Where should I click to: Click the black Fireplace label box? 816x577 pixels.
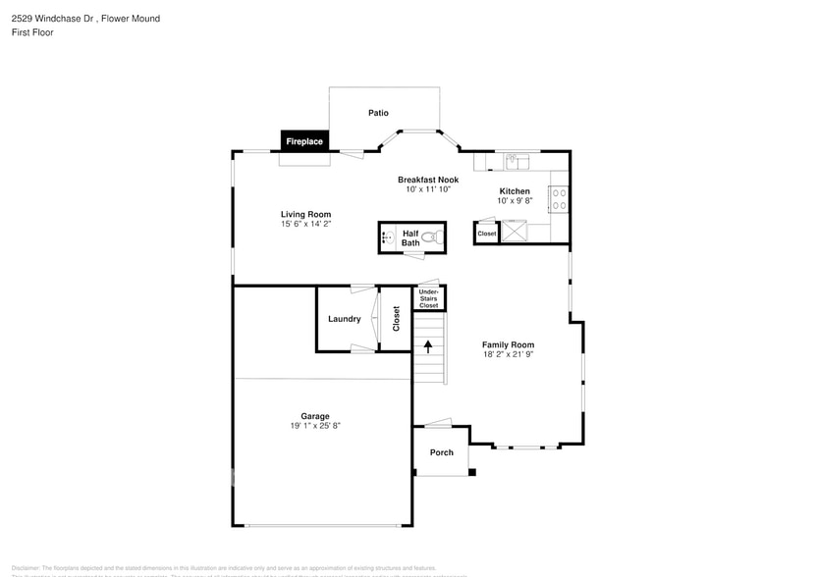(303, 141)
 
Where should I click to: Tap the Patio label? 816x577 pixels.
(378, 113)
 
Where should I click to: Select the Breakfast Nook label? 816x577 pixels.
(428, 180)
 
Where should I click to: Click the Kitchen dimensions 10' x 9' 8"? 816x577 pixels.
(515, 201)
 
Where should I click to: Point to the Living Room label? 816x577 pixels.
(305, 214)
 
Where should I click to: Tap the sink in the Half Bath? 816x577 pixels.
(387, 237)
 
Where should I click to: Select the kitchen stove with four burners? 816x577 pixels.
(559, 199)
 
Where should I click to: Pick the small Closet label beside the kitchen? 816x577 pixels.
(487, 234)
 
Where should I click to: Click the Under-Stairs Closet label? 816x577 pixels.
(429, 298)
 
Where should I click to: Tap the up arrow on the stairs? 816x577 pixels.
(428, 346)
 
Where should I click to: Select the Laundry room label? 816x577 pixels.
(344, 319)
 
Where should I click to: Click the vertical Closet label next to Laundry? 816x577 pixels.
(397, 319)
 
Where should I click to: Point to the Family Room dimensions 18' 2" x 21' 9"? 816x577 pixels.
(508, 355)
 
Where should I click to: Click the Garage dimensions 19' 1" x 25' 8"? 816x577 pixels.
(314, 426)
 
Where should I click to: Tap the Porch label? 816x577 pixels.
(441, 452)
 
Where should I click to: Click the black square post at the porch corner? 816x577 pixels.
(472, 473)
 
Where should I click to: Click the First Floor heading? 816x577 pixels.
(32, 32)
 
